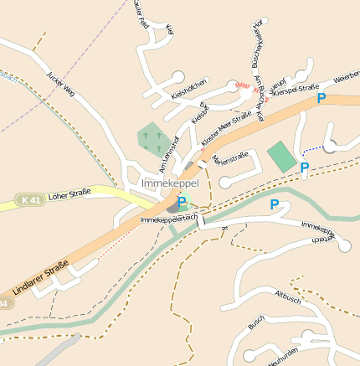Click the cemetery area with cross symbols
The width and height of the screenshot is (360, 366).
pos(152,138)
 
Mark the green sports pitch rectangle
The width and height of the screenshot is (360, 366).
pos(281,156)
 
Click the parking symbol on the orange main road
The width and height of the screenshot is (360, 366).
pos(321,99)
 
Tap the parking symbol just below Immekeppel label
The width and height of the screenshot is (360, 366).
pos(182,202)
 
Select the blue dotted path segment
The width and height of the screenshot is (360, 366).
pos(313,149)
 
